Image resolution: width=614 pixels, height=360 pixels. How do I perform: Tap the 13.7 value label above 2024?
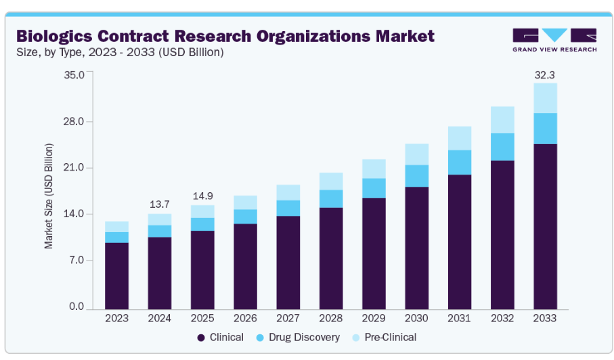click(160, 204)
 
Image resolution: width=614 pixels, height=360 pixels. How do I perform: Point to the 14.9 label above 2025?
click(202, 196)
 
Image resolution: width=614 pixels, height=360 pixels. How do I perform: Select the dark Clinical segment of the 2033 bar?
click(545, 226)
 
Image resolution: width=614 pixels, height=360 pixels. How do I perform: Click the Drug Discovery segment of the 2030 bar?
click(416, 176)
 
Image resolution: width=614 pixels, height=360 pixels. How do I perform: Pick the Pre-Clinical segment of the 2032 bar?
click(502, 120)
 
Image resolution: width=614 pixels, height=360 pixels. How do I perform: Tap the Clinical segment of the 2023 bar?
click(116, 275)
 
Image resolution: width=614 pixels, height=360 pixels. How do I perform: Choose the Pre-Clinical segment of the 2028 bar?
click(331, 181)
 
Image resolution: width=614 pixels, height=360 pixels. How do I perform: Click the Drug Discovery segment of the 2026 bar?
click(245, 217)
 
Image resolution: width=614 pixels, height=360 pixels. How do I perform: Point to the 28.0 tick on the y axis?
click(73, 122)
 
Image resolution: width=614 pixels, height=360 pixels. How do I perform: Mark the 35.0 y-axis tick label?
click(73, 74)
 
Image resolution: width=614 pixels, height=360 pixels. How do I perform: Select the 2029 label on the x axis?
click(374, 318)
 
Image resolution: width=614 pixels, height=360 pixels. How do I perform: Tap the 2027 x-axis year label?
click(288, 318)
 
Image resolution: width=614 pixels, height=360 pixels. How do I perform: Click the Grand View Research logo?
click(554, 40)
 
